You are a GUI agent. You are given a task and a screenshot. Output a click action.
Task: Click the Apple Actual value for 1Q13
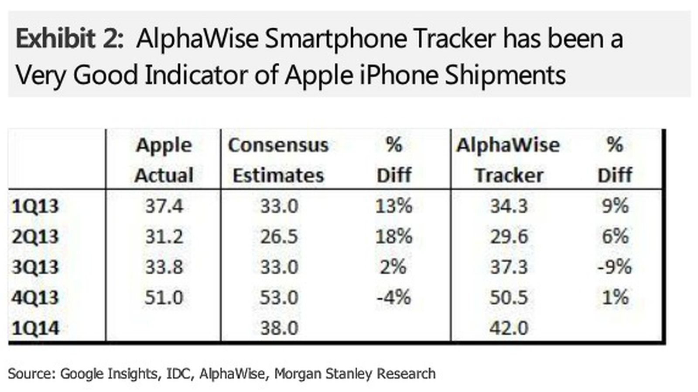click(x=164, y=206)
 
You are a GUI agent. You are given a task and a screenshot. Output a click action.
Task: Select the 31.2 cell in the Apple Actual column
click(x=164, y=237)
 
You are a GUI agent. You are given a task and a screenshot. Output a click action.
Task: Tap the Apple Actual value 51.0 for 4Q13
click(x=164, y=297)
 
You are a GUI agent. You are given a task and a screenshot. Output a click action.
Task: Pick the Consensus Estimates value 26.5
click(x=279, y=237)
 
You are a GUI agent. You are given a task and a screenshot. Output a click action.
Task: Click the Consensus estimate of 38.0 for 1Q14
click(x=279, y=328)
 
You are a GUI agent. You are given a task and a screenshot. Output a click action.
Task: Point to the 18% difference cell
click(x=393, y=237)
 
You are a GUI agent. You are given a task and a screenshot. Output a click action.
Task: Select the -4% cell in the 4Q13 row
click(x=393, y=297)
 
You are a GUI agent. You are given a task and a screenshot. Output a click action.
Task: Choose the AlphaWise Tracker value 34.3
click(x=509, y=206)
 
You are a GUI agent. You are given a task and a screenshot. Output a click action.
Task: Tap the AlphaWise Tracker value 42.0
click(x=509, y=328)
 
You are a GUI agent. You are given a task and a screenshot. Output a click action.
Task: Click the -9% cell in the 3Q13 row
click(x=614, y=267)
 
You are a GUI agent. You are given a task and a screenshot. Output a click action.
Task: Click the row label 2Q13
click(x=35, y=237)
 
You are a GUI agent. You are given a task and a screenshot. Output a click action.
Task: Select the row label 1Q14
click(x=35, y=328)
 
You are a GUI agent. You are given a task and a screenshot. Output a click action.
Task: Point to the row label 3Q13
click(x=35, y=267)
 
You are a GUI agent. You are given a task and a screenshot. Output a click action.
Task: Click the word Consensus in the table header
click(x=278, y=145)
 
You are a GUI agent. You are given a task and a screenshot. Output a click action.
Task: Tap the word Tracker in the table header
click(x=509, y=176)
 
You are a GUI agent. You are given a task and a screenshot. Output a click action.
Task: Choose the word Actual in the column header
click(x=164, y=176)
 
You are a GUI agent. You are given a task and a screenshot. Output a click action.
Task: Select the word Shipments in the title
click(x=505, y=75)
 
